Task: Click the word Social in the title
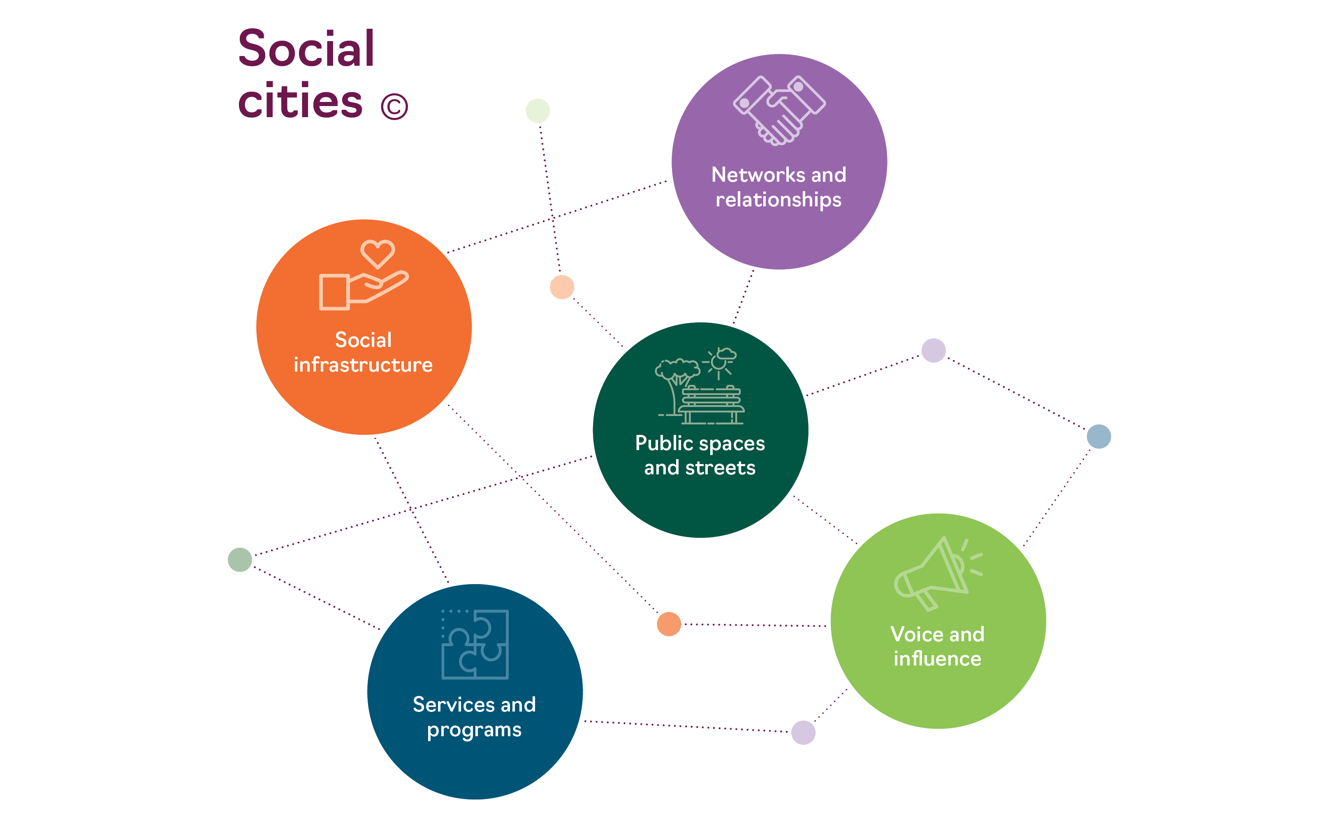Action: [306, 49]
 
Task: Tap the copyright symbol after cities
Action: [394, 106]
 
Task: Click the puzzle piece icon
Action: [475, 644]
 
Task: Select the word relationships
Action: [778, 200]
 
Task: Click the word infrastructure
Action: [363, 365]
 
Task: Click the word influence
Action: [937, 659]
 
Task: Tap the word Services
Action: [454, 705]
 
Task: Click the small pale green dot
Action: [538, 111]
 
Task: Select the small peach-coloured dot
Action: [562, 287]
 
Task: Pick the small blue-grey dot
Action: [1098, 436]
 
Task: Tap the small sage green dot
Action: [240, 559]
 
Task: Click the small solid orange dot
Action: [668, 624]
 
